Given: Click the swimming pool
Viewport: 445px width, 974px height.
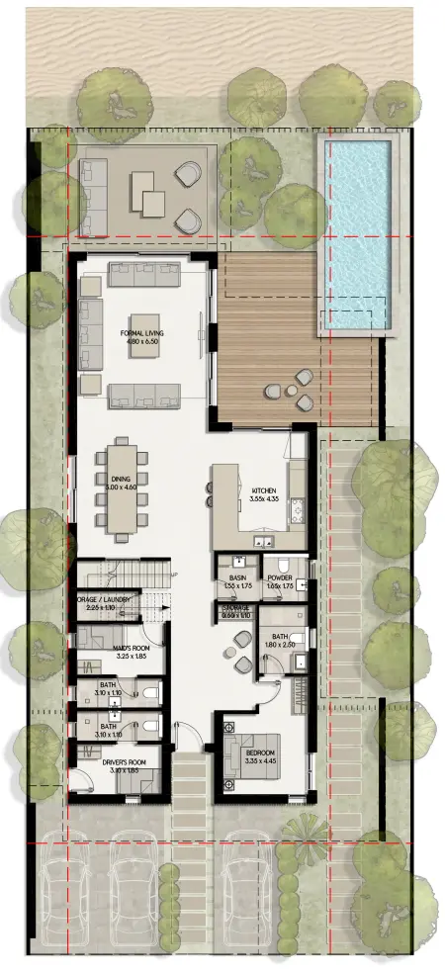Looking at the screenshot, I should tap(356, 233).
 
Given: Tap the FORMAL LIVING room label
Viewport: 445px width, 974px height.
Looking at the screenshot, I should tap(141, 333).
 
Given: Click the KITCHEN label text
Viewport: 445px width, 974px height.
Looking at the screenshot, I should tap(264, 490).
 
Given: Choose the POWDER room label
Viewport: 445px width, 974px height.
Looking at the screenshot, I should tap(278, 577).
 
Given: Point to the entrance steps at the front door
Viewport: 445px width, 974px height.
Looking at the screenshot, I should tap(191, 791).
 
